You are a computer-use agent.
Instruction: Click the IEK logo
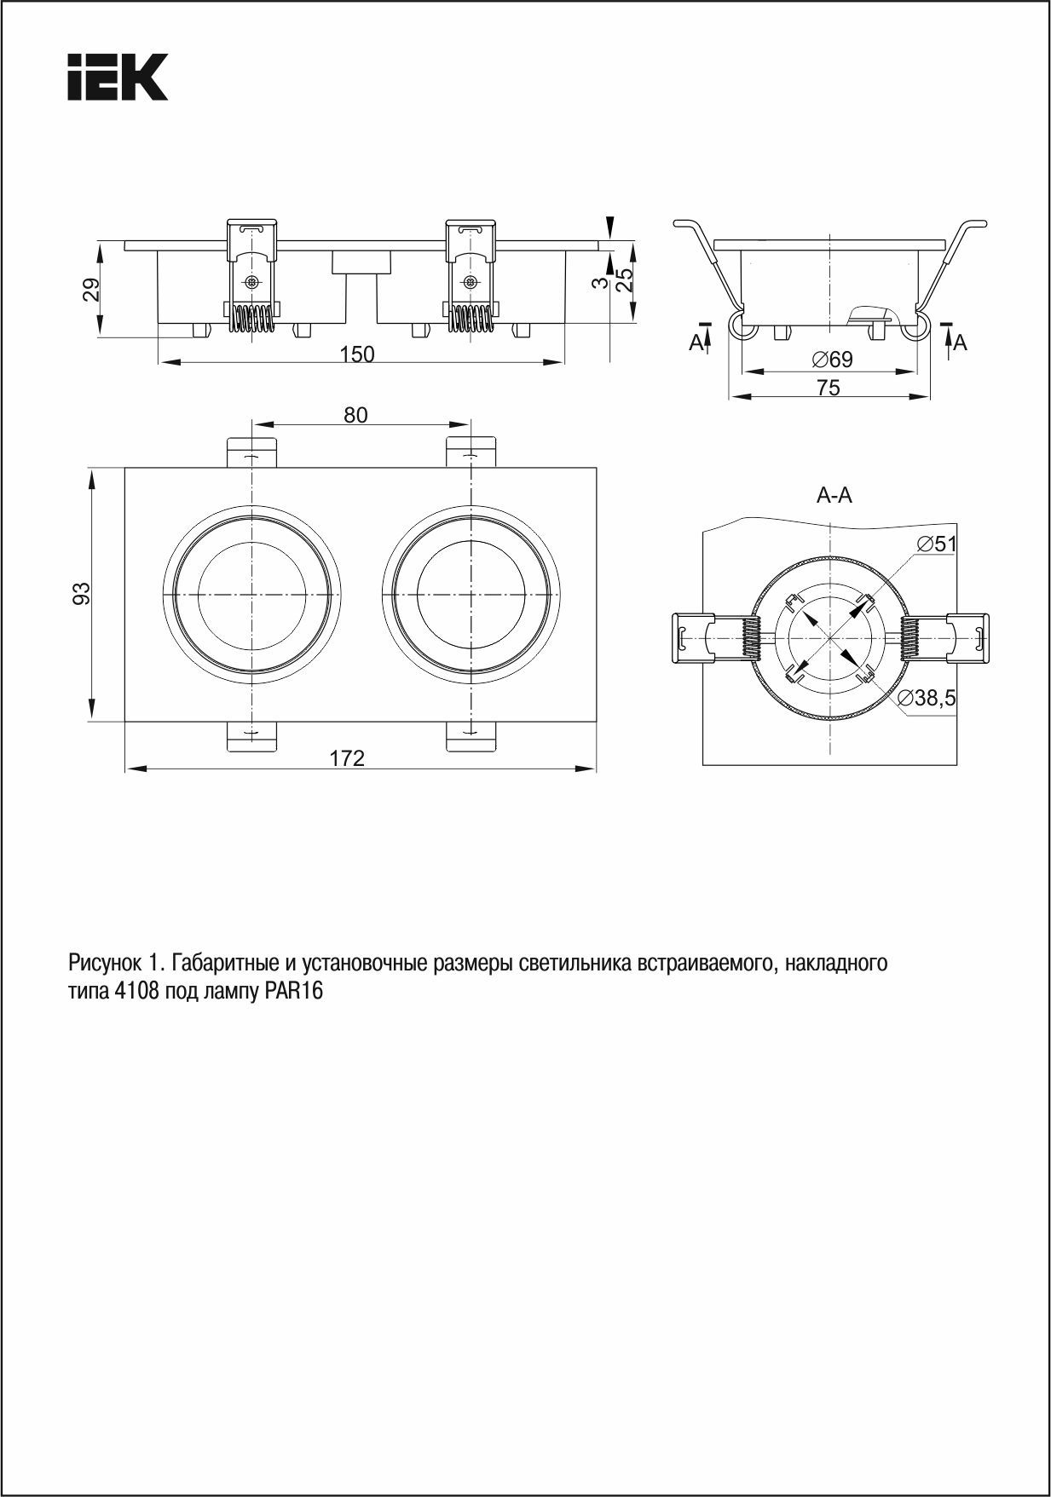pos(118,78)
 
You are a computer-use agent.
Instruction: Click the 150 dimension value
pos(357,354)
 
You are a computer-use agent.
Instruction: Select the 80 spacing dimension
pos(355,415)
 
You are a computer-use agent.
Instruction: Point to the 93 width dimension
pos(81,593)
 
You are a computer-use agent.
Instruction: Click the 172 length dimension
pos(348,757)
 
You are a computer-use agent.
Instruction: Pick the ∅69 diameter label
pos(832,360)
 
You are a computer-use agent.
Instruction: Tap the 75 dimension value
pos(828,388)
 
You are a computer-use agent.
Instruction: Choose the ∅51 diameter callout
pos(937,544)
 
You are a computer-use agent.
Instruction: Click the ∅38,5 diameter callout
pos(927,699)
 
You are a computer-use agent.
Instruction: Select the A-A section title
pos(834,495)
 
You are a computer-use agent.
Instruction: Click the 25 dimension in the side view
pos(625,281)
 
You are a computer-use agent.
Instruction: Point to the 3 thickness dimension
pos(601,283)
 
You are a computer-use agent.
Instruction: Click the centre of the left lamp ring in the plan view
pos(252,594)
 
